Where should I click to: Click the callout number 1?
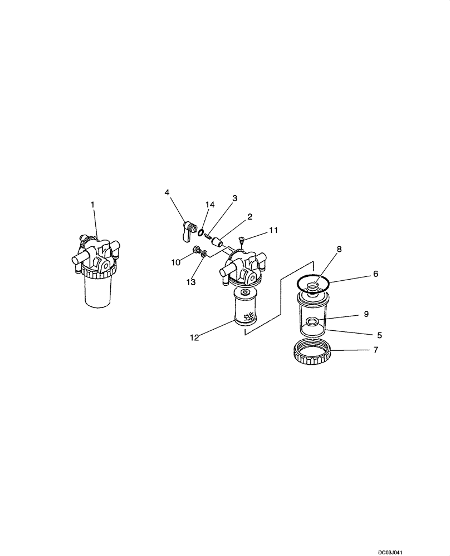pyautogui.click(x=93, y=205)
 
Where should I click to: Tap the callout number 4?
pyautogui.click(x=167, y=192)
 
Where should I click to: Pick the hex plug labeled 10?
pyautogui.click(x=197, y=251)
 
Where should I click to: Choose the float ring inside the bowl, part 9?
pyautogui.click(x=312, y=321)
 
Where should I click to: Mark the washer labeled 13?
pyautogui.click(x=205, y=254)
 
